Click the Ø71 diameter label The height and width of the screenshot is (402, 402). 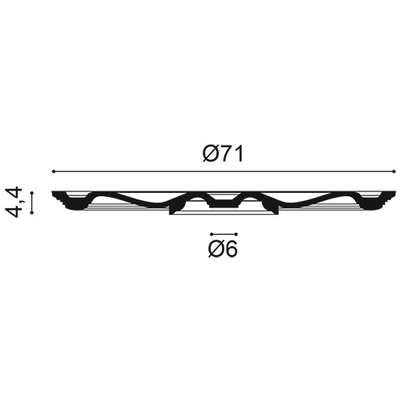tap(223, 154)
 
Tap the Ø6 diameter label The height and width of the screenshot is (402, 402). tap(223, 248)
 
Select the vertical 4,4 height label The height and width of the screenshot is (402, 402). tap(14, 202)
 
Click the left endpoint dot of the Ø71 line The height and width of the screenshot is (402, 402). tap(54, 171)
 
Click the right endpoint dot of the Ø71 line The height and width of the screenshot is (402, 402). tap(394, 171)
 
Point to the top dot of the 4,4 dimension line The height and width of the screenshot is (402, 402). tap(32, 192)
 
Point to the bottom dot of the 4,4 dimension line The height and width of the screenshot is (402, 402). tap(32, 213)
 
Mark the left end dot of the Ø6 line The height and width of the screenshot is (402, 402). tap(211, 234)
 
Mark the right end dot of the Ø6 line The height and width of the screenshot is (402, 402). tap(236, 234)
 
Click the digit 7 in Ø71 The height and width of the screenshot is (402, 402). tap(224, 154)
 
